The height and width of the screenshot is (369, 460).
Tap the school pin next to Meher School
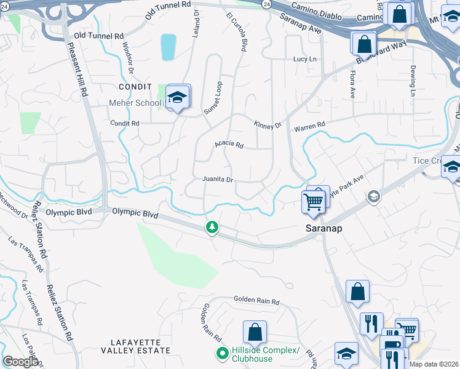tap(178, 97)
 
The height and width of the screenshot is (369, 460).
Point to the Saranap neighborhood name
tap(324, 228)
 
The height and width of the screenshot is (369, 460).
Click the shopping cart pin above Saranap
tap(314, 200)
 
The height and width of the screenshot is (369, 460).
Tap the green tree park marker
tap(212, 228)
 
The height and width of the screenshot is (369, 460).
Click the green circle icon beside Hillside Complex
tap(221, 354)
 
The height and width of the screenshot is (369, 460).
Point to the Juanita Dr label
tap(218, 180)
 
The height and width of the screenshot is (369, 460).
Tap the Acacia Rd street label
tap(229, 145)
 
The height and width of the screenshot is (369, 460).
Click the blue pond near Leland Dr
tap(168, 47)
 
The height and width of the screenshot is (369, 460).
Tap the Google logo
tap(20, 362)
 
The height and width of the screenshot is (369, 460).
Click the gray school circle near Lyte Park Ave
tap(372, 197)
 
